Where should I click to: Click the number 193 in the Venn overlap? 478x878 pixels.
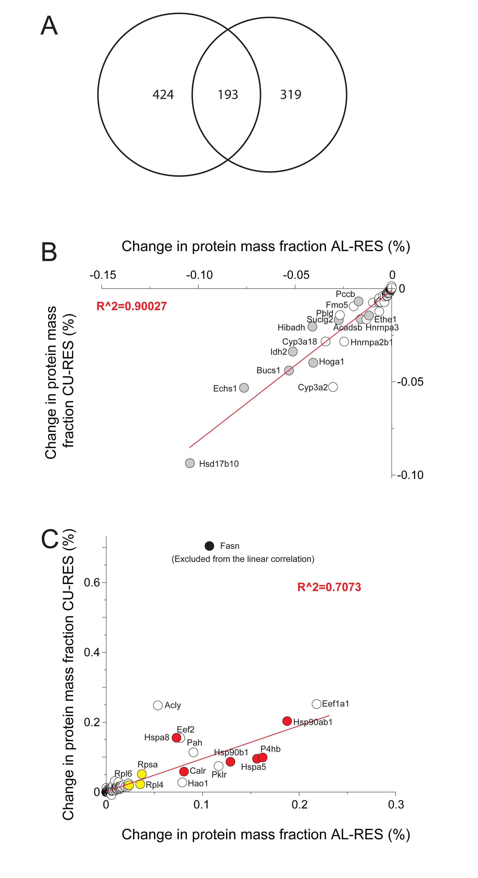coord(228,94)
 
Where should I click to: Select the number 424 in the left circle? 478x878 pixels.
coord(163,94)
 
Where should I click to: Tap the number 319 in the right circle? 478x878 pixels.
coord(291,94)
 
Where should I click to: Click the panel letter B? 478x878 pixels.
coord(49,252)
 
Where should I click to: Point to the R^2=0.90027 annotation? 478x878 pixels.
coord(131,306)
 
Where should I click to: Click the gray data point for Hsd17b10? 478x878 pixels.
coord(190,463)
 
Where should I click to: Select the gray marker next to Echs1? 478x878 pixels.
coord(244,387)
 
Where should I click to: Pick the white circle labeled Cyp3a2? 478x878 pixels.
coord(333,387)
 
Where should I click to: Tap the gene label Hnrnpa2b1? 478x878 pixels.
coord(371,342)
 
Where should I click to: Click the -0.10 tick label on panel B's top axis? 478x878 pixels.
coord(199,275)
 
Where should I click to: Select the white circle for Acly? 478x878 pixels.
coord(158,705)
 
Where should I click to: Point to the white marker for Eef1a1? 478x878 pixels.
coord(316,703)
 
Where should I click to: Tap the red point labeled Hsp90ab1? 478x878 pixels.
coord(287,721)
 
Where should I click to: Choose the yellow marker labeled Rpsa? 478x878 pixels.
coord(142,774)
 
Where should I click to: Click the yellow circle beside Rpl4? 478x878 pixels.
coord(140,784)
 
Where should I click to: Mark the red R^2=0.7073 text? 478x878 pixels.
coord(329,587)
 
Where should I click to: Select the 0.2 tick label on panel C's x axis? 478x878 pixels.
coord(300,805)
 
